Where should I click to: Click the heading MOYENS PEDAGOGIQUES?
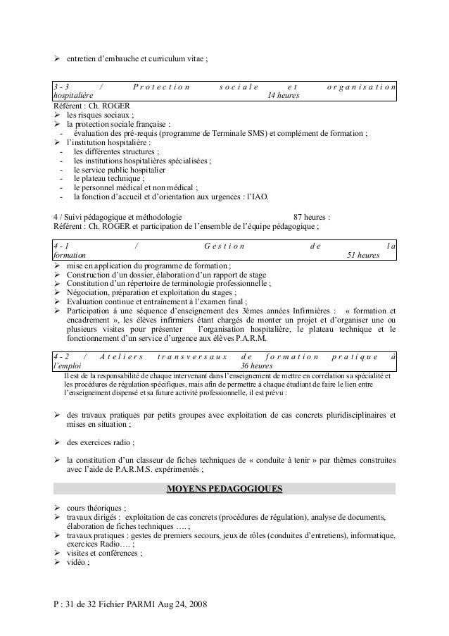[x=224, y=488]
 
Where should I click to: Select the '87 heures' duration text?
[x=312, y=217]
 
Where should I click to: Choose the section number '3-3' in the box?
[x=62, y=87]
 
